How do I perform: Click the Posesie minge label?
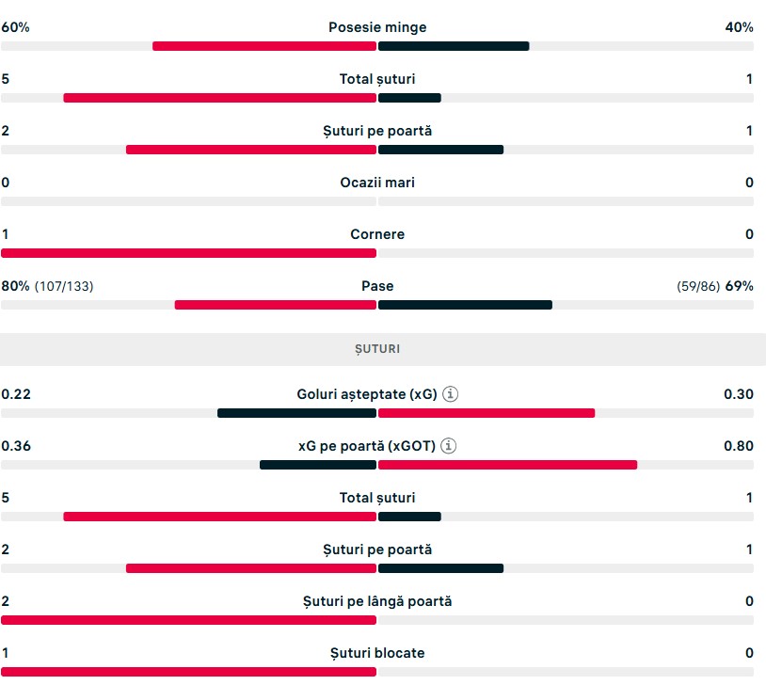coord(377,27)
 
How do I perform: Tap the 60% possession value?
coord(15,27)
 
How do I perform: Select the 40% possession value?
coord(739,27)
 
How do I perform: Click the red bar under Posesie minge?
coord(264,46)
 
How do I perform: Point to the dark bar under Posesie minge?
coord(454,46)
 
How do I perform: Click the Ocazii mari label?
coord(377,183)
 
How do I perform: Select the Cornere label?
coord(377,234)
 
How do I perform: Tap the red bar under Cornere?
coord(188,253)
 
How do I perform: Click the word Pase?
coord(377,286)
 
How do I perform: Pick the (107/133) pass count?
coord(64,286)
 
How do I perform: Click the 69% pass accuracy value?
coord(739,286)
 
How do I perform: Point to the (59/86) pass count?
coord(698,286)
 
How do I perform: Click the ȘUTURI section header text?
coord(377,349)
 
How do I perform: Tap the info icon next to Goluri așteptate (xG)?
coord(450,394)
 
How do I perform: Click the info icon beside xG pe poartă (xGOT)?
coord(449,446)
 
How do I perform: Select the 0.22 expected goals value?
coord(16,394)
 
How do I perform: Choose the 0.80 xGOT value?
coord(739,446)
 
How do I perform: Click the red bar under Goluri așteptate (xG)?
coord(487,413)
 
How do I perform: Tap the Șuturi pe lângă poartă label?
coord(377,601)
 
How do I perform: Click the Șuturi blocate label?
coord(377,653)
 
